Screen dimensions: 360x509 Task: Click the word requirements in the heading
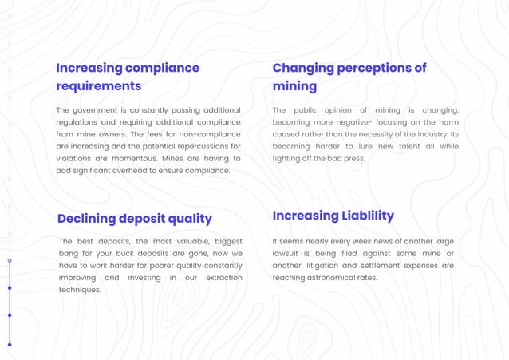click(x=98, y=85)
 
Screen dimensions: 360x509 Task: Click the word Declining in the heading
click(x=86, y=218)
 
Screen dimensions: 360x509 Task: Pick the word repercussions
click(x=198, y=146)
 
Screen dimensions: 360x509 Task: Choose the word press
click(x=353, y=158)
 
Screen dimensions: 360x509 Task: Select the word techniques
click(x=79, y=290)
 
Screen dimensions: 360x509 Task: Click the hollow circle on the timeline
click(x=10, y=261)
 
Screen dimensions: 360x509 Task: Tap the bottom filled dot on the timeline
click(x=10, y=344)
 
